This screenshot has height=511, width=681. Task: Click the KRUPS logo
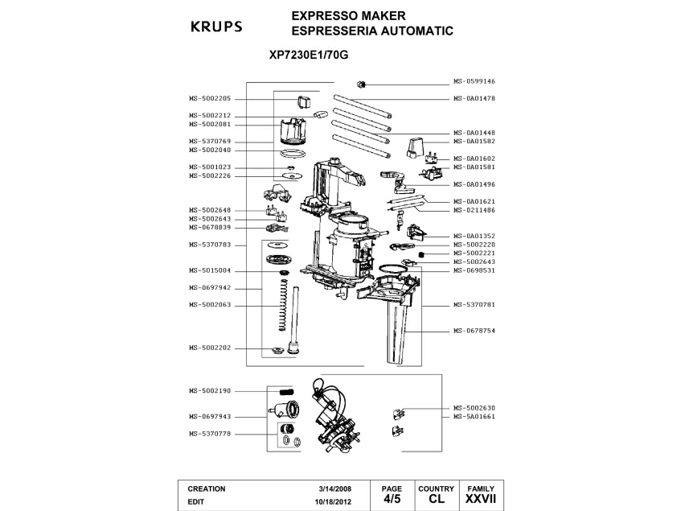215,27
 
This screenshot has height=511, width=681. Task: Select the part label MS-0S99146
474,81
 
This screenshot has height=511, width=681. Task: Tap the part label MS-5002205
210,98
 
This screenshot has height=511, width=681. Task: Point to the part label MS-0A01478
474,98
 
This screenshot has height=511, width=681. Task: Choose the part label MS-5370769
210,142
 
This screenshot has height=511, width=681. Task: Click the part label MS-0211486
474,210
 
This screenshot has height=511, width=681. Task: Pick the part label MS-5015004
210,270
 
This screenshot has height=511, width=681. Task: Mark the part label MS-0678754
474,331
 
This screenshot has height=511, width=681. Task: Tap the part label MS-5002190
210,391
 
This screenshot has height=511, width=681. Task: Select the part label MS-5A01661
474,417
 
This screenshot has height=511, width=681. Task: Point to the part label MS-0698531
474,270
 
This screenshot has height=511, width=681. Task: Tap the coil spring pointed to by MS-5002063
281,307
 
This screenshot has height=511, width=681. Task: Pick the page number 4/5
392,499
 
